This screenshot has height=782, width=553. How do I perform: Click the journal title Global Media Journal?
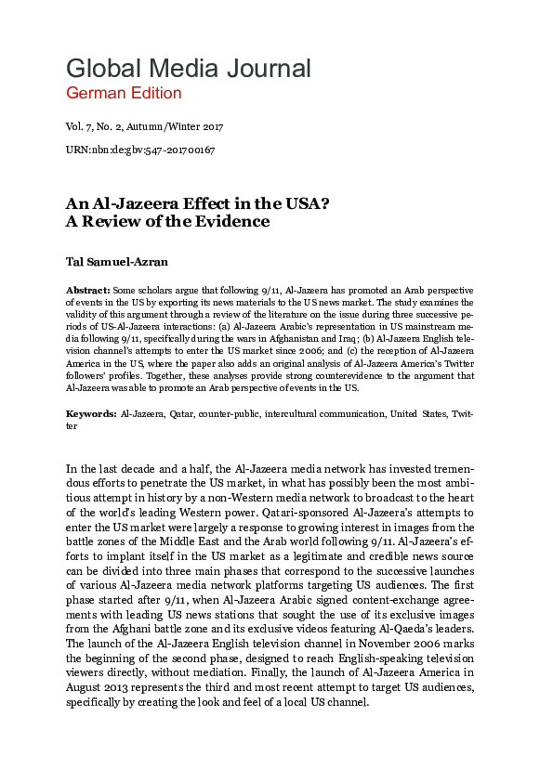pos(188,68)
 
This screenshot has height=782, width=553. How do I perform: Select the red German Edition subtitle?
pos(124,93)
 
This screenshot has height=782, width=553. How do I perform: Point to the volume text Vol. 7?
pos(79,127)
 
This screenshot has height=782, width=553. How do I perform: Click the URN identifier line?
pos(140,150)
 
